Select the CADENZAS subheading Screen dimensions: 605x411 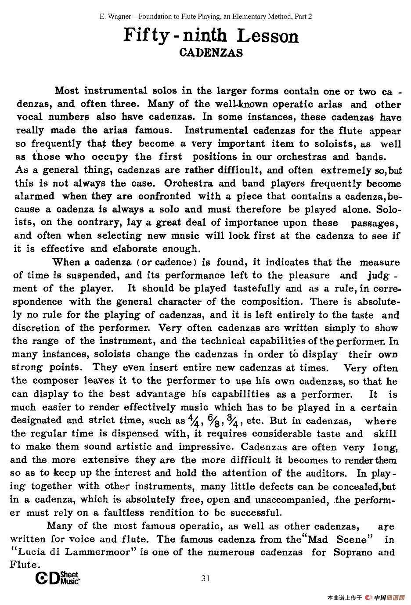(211, 53)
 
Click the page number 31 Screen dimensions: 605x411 (205, 578)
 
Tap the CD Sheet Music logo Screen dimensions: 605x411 (58, 578)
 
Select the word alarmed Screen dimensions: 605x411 (35, 196)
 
